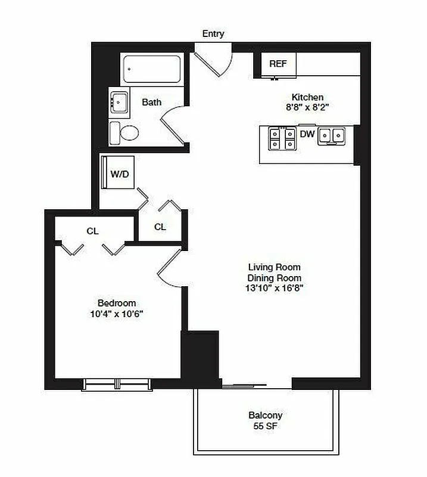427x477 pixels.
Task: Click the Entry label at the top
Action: [213, 34]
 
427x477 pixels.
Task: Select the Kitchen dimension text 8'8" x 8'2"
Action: [307, 108]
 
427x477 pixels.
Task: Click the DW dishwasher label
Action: [307, 134]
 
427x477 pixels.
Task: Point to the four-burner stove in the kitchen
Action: [282, 139]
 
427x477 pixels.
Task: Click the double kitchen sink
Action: [332, 137]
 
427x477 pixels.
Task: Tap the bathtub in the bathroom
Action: [152, 70]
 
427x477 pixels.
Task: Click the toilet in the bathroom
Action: [124, 132]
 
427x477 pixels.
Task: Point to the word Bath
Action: [152, 102]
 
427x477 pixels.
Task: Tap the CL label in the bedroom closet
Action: [92, 231]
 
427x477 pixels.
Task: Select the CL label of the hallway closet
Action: [160, 227]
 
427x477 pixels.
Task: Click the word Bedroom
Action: [117, 303]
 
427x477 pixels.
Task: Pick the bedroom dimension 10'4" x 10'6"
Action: [117, 314]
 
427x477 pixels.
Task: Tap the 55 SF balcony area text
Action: [266, 426]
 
